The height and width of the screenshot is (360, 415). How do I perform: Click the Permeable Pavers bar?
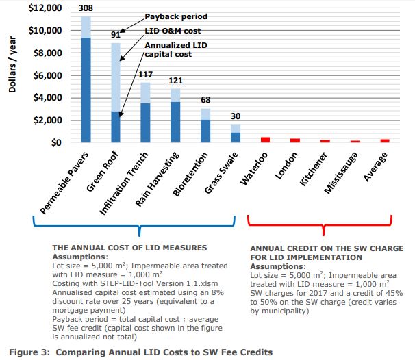click(86, 82)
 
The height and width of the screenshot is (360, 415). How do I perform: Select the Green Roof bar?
click(116, 96)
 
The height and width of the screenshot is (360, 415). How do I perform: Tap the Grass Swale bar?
click(235, 133)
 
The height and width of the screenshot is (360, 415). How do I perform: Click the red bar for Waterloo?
click(264, 140)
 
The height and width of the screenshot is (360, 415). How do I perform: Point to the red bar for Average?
click(385, 140)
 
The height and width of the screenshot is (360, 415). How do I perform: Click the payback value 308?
click(86, 8)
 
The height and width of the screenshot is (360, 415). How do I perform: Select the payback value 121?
click(175, 81)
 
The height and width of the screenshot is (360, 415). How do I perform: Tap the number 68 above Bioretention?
click(205, 101)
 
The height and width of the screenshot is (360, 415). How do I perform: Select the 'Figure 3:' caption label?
click(27, 352)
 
